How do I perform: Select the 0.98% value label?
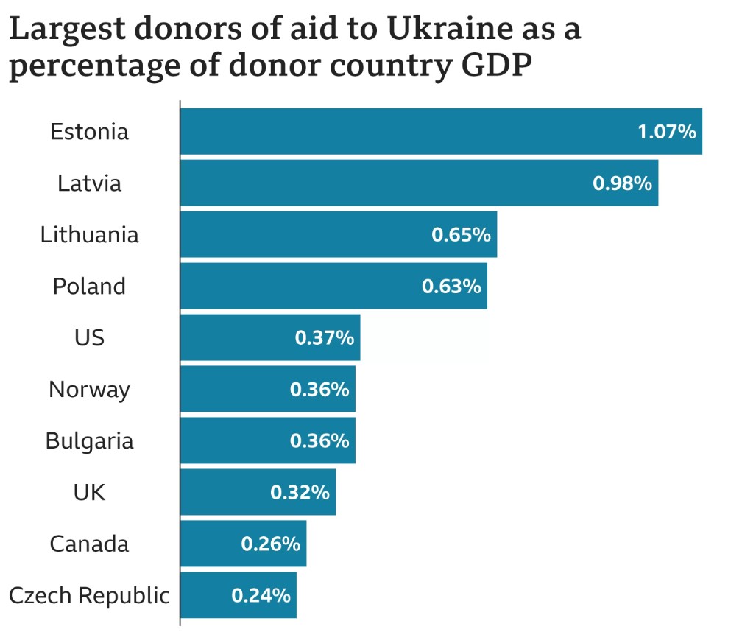tap(622, 183)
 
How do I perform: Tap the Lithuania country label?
tap(89, 235)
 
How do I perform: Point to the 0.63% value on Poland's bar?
tap(451, 287)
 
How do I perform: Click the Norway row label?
tap(89, 390)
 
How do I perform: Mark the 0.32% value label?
tap(300, 493)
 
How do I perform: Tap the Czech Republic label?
tap(89, 595)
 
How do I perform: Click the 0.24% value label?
tap(261, 596)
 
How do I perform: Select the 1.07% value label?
tap(666, 132)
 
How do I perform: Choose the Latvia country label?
tap(89, 183)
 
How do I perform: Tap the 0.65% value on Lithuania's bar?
tap(461, 235)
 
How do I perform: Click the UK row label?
tap(89, 493)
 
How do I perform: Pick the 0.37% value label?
tap(324, 338)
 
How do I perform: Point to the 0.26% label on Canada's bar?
tap(270, 544)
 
